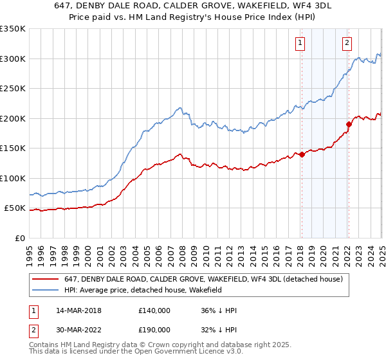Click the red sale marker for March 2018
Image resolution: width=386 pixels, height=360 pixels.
click(302, 154)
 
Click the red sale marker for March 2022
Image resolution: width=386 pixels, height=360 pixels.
click(349, 124)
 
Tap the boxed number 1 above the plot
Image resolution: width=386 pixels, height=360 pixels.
click(300, 43)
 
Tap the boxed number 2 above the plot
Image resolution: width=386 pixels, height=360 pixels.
click(347, 43)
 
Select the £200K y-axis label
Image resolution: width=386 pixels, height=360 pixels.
click(12, 118)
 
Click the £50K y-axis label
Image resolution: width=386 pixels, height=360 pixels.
click(15, 208)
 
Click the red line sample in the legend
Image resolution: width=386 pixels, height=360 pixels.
click(45, 280)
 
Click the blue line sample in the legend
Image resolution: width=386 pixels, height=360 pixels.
click(45, 290)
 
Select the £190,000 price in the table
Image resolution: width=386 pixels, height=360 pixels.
click(154, 330)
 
